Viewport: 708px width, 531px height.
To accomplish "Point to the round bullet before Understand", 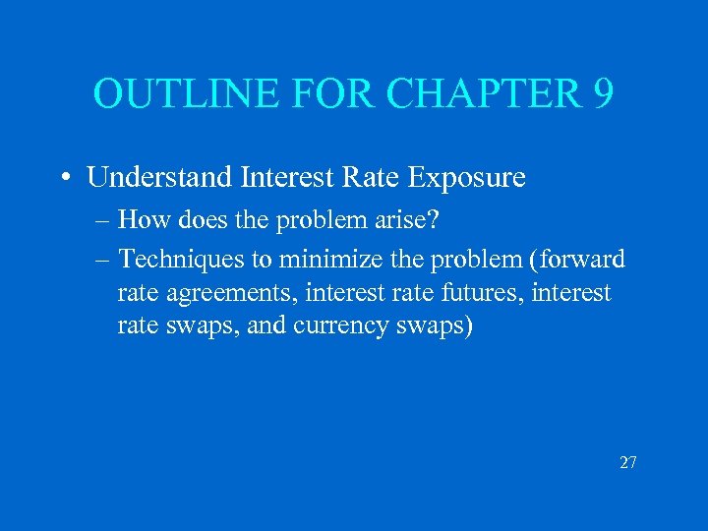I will point(63,178).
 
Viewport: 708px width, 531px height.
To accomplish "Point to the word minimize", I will point(332,261).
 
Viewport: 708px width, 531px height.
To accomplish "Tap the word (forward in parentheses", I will point(574,261).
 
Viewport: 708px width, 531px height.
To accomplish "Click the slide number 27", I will point(628,461).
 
